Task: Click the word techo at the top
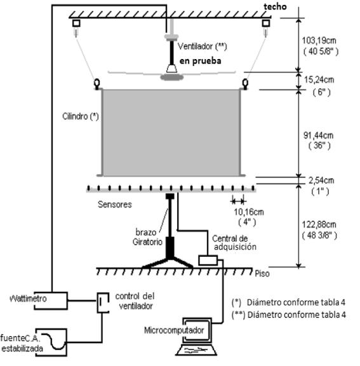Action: click(275, 6)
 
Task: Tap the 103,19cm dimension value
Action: click(319, 41)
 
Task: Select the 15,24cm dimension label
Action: click(319, 80)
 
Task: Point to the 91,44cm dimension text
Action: click(318, 135)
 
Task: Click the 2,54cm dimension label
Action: click(321, 180)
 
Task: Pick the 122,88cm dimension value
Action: click(319, 224)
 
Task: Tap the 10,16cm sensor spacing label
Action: click(249, 212)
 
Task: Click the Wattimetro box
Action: click(51, 301)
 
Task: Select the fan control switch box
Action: click(103, 302)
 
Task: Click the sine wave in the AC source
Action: click(53, 341)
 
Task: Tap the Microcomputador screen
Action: click(197, 330)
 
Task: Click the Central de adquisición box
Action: click(208, 261)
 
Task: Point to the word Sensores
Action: click(115, 205)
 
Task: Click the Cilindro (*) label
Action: click(81, 116)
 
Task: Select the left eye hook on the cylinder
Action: click(97, 84)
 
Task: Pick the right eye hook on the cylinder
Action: click(245, 84)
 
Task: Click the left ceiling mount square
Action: click(76, 23)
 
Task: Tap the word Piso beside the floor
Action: click(262, 273)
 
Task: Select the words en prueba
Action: click(200, 61)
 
